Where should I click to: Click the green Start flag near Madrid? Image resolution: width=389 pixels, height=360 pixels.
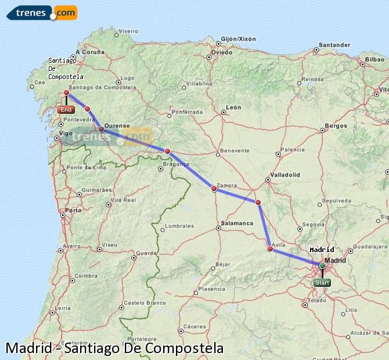[x=322, y=283]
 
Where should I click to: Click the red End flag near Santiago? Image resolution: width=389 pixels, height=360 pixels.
[x=66, y=110]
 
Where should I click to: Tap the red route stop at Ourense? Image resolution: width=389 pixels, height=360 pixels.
[x=101, y=129]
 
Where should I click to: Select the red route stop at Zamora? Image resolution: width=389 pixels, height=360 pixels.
[x=214, y=188]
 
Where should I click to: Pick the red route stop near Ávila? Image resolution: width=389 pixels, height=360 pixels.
[x=270, y=249]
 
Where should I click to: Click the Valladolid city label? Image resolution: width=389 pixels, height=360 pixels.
[x=285, y=174]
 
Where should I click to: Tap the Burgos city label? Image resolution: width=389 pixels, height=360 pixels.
[x=336, y=125]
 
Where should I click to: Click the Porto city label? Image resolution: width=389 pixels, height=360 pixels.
[x=74, y=210]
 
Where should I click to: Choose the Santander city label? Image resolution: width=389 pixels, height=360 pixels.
[x=334, y=45]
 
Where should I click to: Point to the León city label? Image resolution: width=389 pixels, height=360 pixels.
[x=233, y=107]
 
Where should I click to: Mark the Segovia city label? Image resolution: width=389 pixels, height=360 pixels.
[x=314, y=224]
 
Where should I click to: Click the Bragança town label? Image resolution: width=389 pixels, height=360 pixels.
[x=176, y=164]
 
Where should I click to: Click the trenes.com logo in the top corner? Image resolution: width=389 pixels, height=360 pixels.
[x=42, y=12]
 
